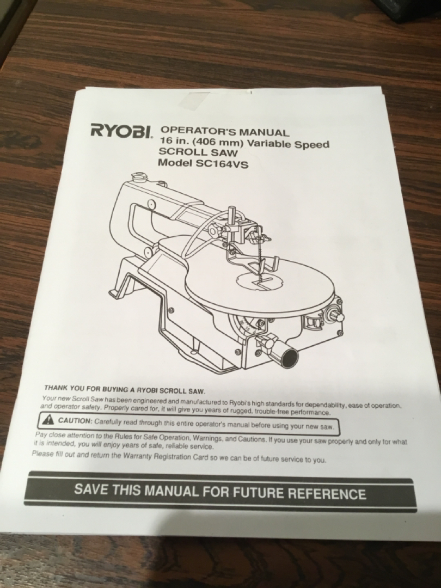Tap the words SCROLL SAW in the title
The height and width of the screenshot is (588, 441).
point(198,152)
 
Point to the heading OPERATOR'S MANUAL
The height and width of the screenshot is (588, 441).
point(225,131)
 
